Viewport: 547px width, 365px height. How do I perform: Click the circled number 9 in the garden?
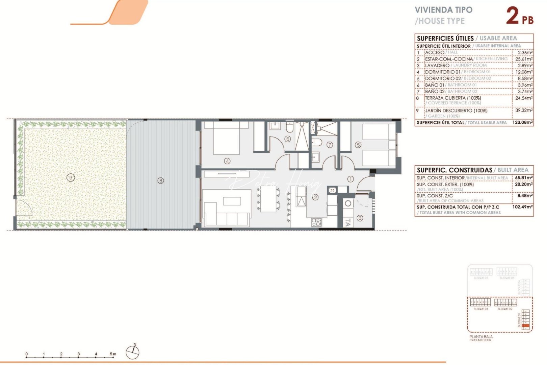70,177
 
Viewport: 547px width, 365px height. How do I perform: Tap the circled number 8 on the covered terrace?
161,181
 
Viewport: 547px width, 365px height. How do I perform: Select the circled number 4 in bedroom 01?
227,161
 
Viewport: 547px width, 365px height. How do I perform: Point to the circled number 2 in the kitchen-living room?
315,197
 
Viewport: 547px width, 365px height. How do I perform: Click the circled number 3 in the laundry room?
360,218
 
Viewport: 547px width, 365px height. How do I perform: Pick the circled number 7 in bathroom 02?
330,145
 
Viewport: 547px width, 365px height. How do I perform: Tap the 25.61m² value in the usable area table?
525,59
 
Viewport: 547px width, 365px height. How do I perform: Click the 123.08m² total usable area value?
522,122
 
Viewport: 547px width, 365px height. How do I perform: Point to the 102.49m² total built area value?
522,207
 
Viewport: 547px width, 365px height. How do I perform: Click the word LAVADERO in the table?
437,65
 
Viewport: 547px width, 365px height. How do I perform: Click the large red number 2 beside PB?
512,16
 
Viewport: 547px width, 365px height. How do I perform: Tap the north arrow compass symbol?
132,352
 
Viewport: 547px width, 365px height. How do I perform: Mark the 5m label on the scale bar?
113,354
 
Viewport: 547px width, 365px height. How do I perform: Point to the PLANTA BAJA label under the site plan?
481,337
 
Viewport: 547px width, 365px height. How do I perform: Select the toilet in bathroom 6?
290,127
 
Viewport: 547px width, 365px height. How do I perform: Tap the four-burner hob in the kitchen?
316,222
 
